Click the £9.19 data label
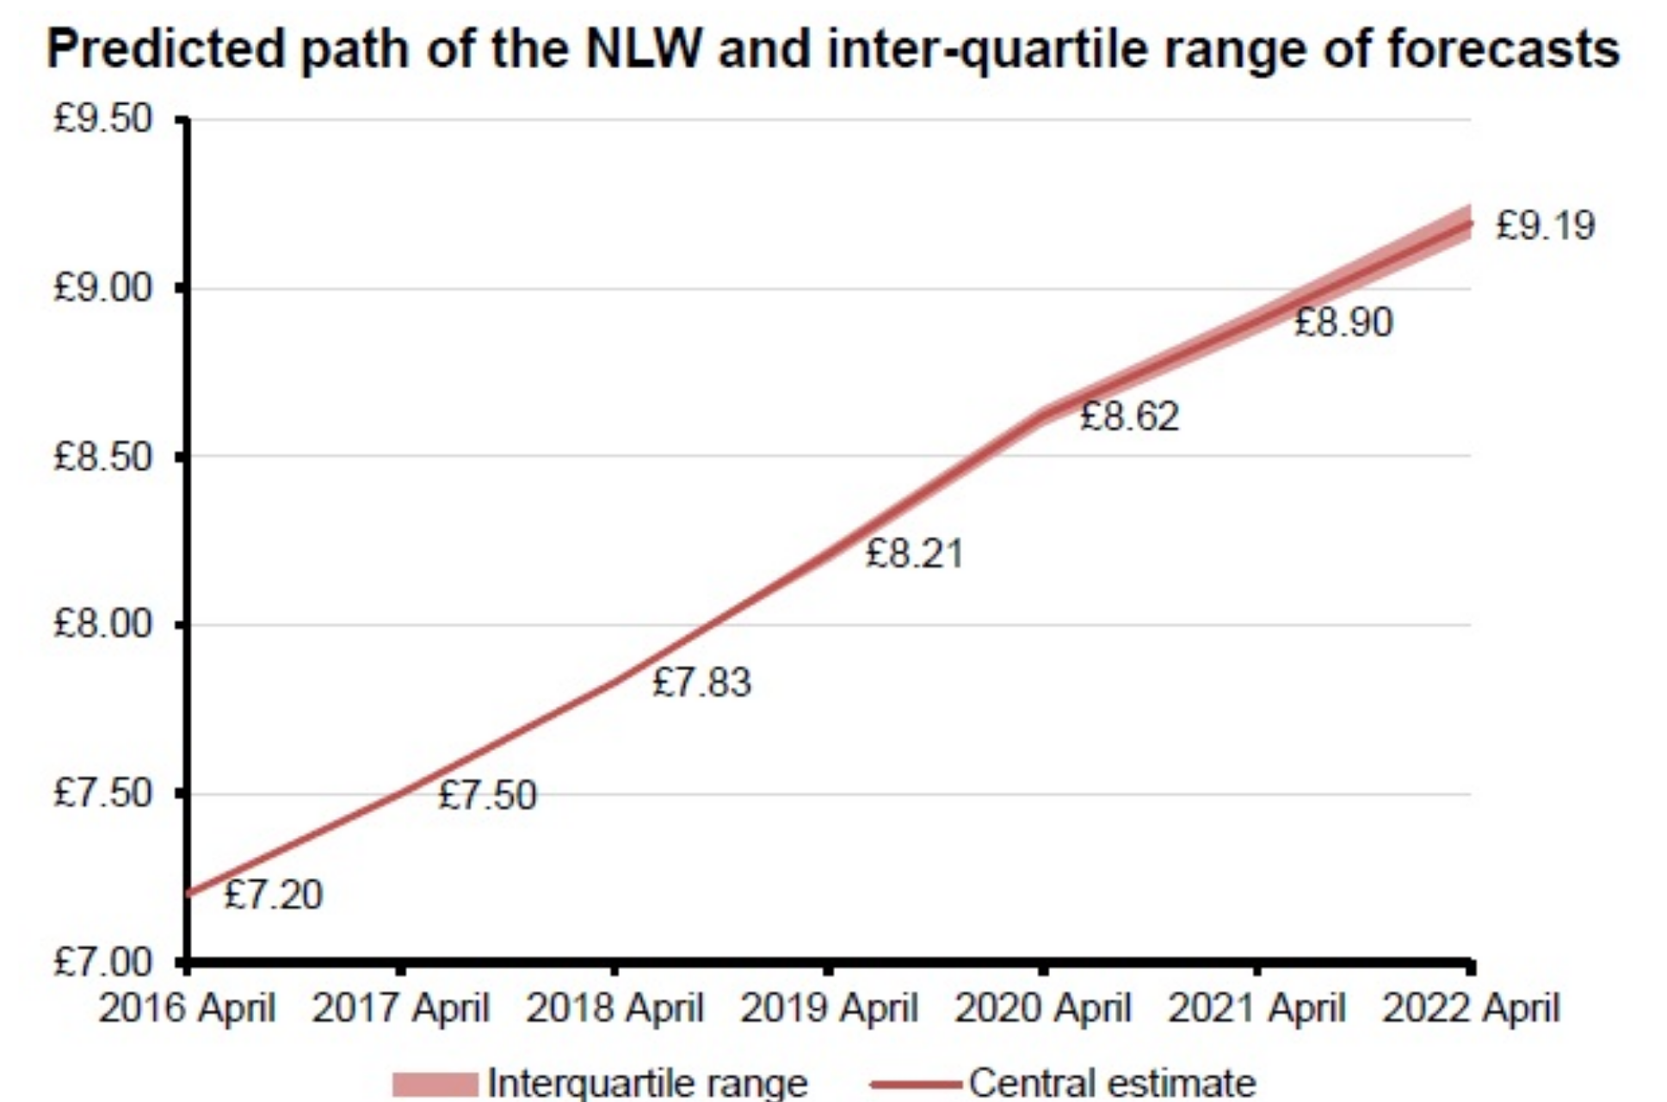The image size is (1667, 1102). [1546, 225]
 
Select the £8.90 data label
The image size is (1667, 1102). [1343, 323]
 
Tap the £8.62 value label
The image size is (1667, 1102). [1129, 417]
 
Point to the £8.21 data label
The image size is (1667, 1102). [914, 553]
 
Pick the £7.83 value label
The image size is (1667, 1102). [701, 682]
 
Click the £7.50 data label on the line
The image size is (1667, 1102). [487, 795]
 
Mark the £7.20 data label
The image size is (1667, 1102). [273, 895]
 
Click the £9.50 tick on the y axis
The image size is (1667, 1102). [102, 119]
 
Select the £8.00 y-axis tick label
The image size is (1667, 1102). [102, 624]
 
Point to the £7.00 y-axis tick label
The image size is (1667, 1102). [102, 962]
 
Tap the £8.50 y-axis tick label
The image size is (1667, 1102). [102, 456]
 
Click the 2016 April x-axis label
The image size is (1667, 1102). [187, 1007]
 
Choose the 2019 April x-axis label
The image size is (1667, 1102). [829, 1007]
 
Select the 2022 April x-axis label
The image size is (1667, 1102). [1471, 1007]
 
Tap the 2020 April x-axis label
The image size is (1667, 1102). [1043, 1007]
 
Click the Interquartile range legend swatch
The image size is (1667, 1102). [435, 1083]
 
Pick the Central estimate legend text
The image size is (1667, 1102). [1112, 1083]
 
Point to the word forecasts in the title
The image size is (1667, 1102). [1503, 49]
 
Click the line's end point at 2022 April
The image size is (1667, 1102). [1470, 223]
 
